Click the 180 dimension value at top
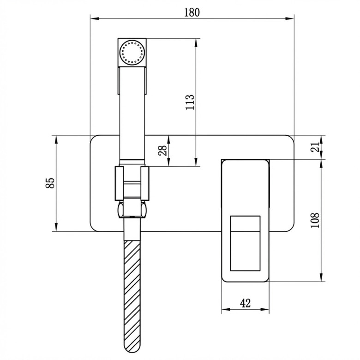pyautogui.click(x=192, y=12)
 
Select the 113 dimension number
pyautogui.click(x=190, y=102)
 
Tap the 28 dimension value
pyautogui.click(x=163, y=150)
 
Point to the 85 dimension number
pyautogui.click(x=50, y=183)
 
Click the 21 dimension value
pyautogui.click(x=315, y=147)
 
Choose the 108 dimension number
pyautogui.click(x=315, y=220)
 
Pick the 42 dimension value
pyautogui.click(x=245, y=303)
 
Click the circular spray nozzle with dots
pyautogui.click(x=132, y=52)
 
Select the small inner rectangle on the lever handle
pyautogui.click(x=245, y=243)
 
